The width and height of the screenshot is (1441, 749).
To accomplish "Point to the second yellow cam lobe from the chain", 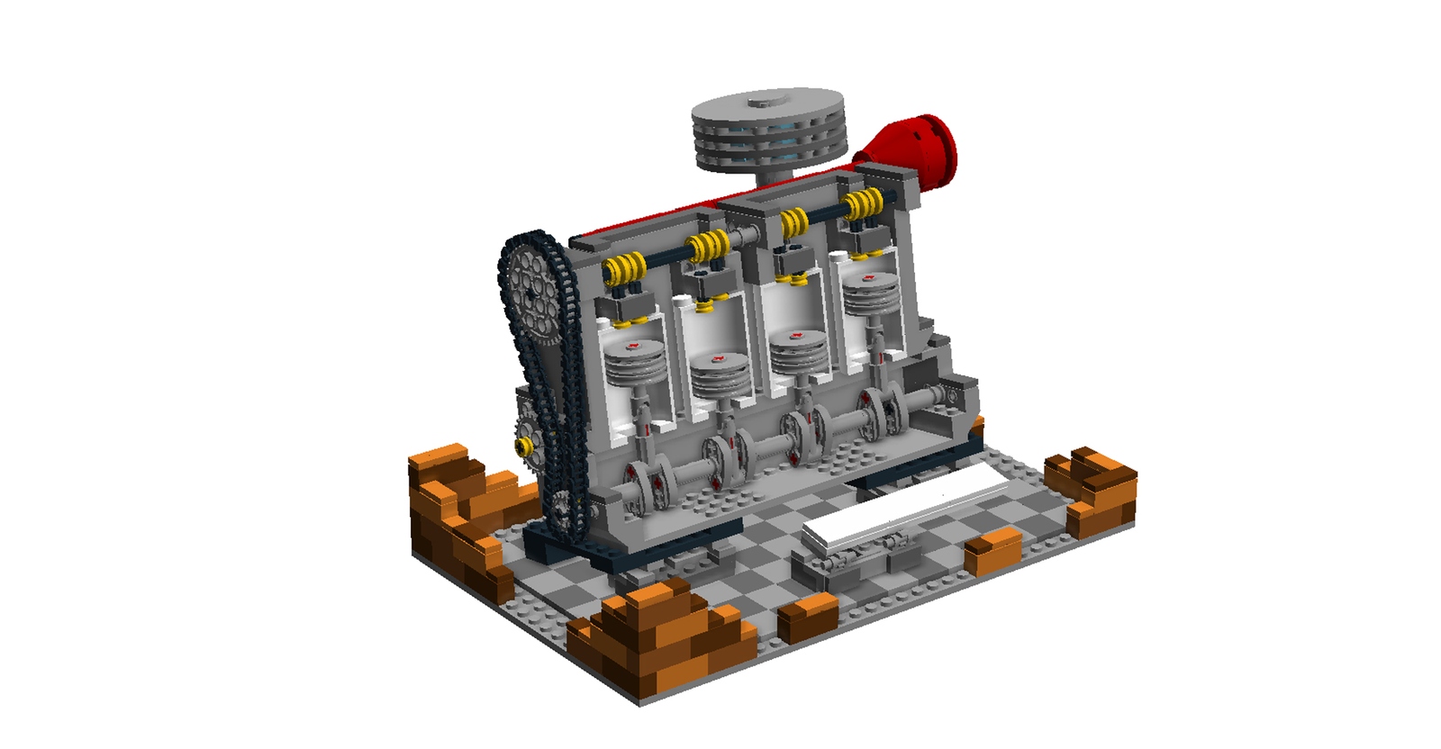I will click(707, 244).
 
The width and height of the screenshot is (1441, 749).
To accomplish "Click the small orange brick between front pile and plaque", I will click(808, 618).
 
